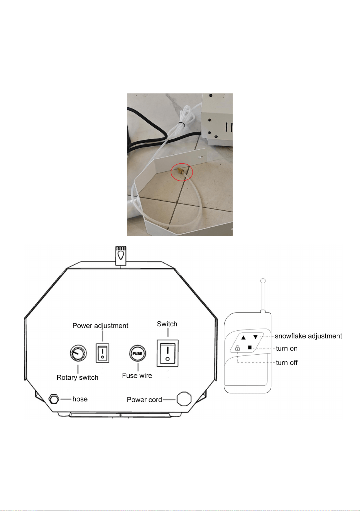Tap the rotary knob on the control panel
tap(78, 353)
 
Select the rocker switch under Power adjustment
tap(102, 353)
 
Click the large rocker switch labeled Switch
tap(167, 353)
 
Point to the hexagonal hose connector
tap(54, 399)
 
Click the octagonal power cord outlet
tap(184, 399)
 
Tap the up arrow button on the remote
tap(243, 337)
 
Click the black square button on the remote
tap(250, 347)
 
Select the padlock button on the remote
tap(237, 348)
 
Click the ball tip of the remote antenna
tap(263, 280)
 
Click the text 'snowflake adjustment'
tap(308, 336)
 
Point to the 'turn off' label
tap(287, 363)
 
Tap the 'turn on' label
tap(287, 349)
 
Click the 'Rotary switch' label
tap(77, 377)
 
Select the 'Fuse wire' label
tap(137, 376)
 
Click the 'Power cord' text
tap(144, 400)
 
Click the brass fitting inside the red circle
tap(179, 171)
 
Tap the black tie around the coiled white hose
tap(181, 124)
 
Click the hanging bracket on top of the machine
tap(121, 256)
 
